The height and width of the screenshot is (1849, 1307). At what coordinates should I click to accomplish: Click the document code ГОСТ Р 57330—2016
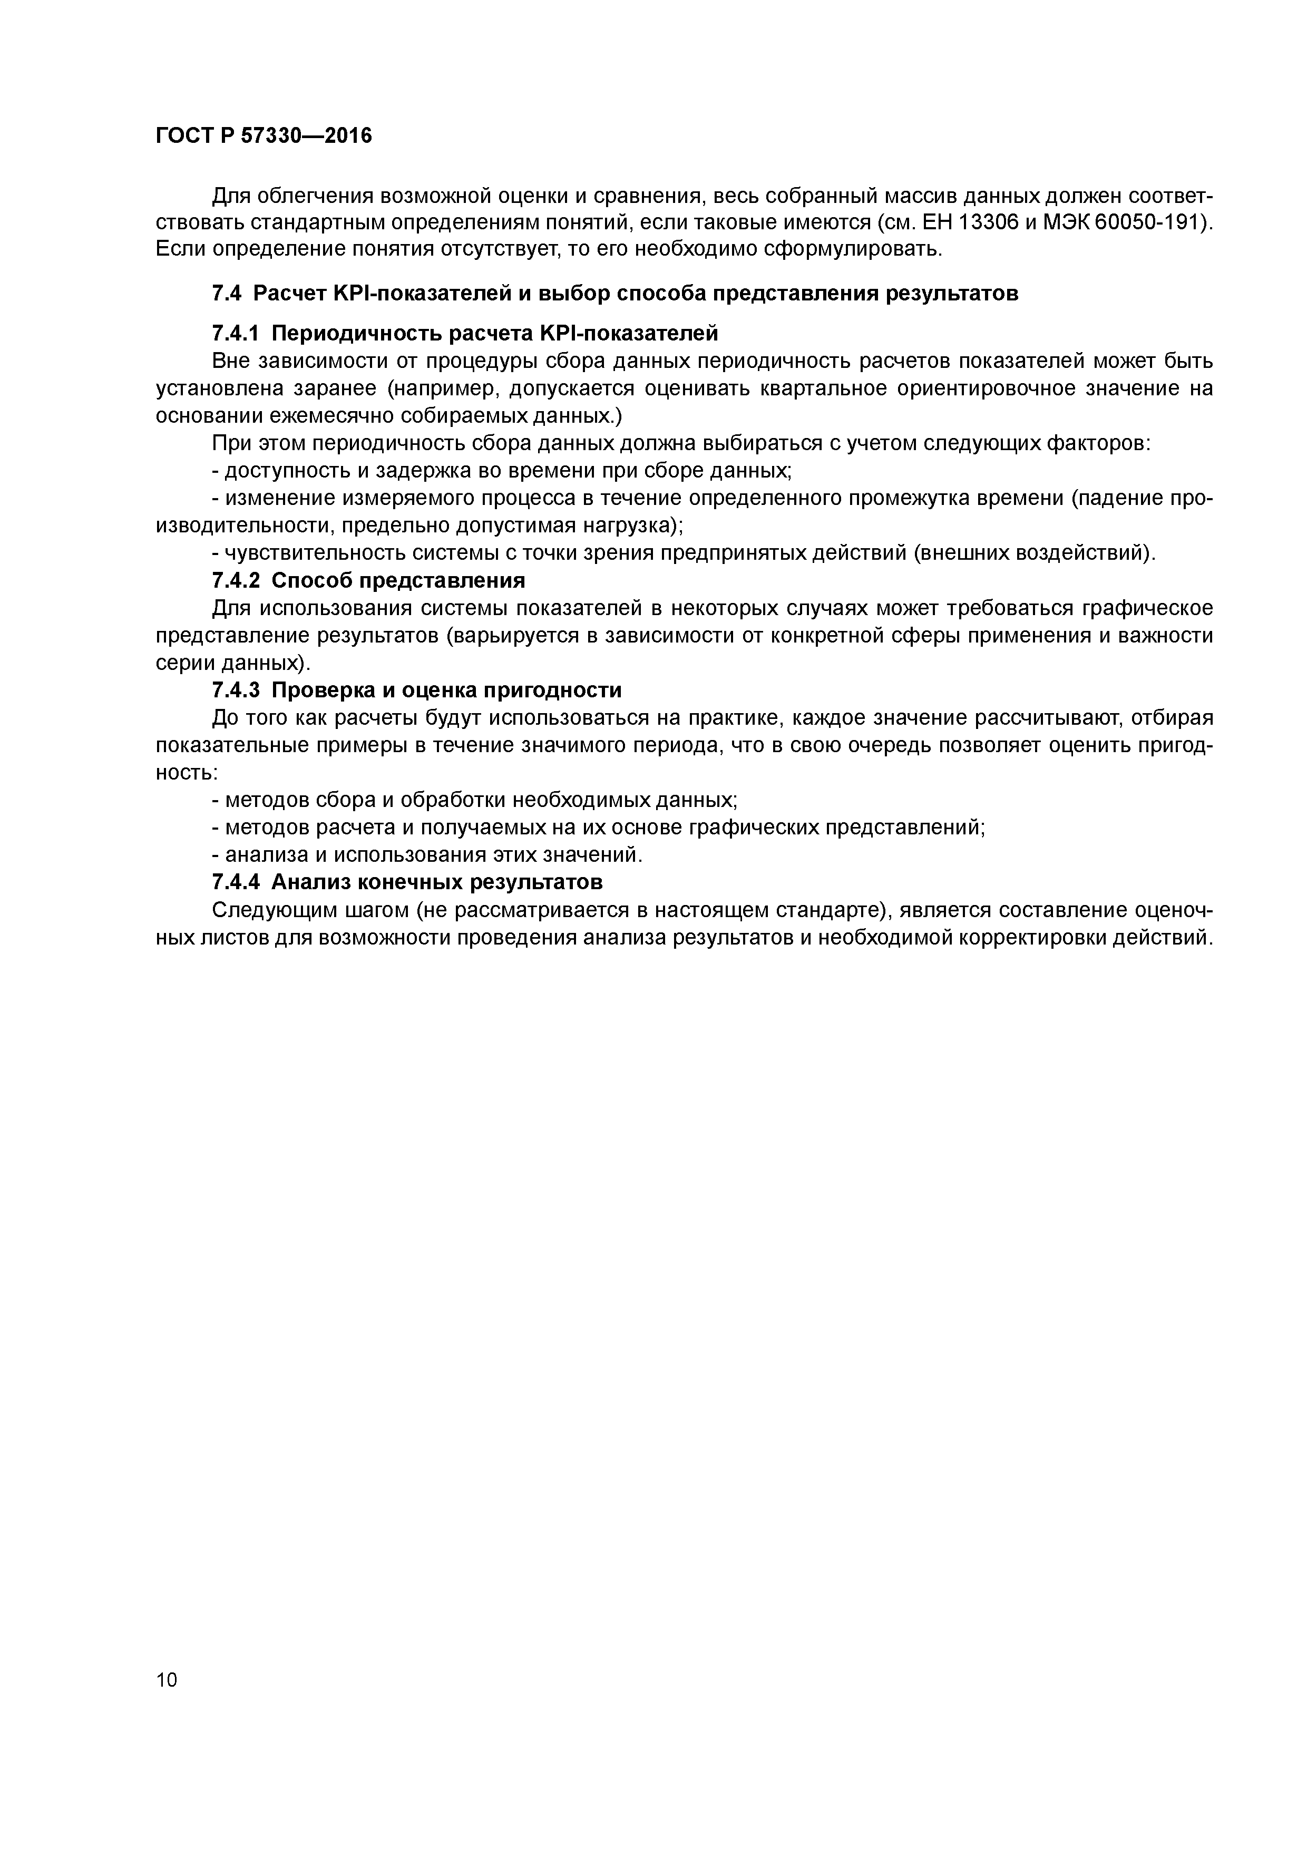(264, 136)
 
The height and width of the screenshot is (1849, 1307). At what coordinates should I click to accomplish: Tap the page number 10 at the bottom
(167, 1680)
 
